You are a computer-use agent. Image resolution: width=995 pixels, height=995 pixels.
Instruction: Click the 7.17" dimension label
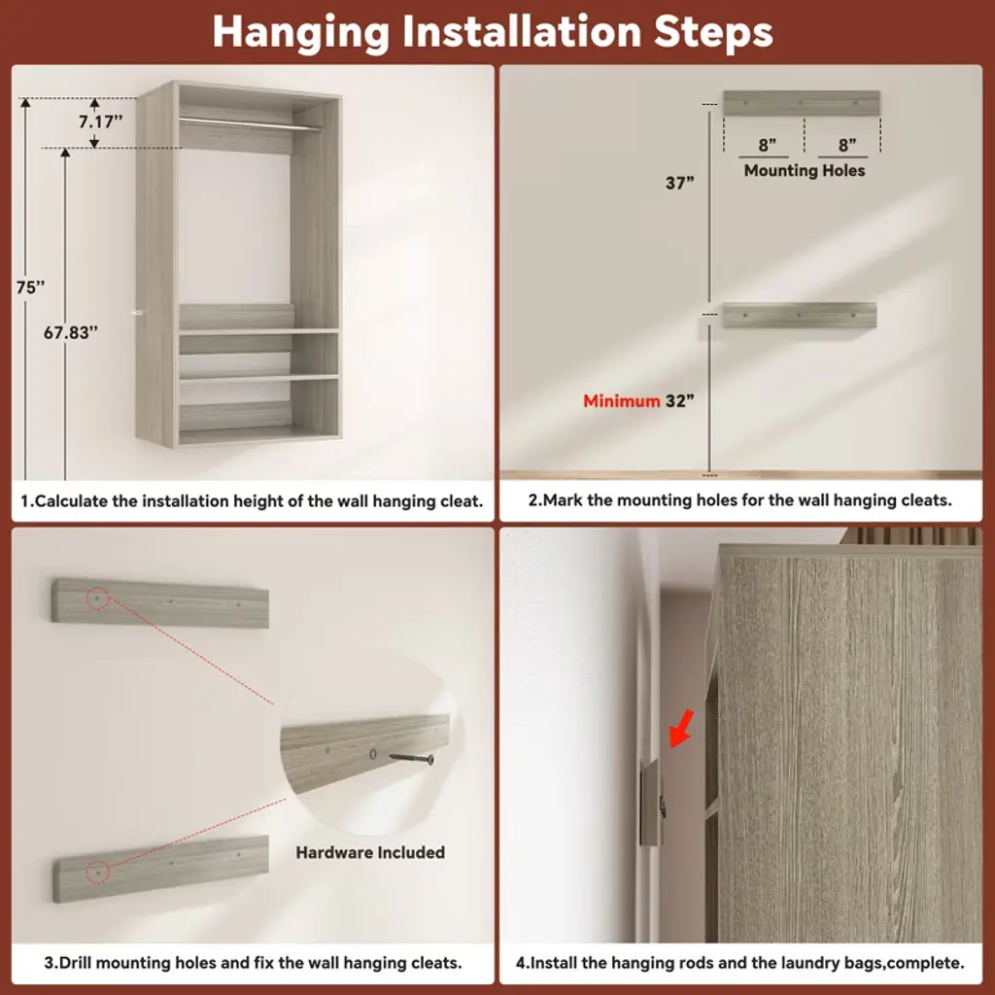[x=100, y=121]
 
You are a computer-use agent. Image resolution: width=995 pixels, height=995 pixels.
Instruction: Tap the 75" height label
[x=30, y=288]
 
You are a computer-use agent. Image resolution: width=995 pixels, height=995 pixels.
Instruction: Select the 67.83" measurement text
[x=70, y=332]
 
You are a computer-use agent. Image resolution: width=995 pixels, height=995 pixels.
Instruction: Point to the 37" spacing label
[x=679, y=183]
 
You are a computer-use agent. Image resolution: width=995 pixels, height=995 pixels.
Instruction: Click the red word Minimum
[x=621, y=401]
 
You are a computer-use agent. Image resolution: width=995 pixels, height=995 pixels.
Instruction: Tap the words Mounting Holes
[x=804, y=171]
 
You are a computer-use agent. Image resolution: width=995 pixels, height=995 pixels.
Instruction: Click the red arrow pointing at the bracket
[x=681, y=729]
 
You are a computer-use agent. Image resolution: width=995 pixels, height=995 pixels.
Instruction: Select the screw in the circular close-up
[x=411, y=758]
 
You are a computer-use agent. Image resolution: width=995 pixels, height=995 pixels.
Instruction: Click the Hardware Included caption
[x=370, y=852]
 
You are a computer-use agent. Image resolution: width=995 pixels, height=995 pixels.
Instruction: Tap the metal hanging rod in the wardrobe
[x=250, y=123]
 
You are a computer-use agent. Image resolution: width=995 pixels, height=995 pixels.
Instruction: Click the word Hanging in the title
[x=301, y=32]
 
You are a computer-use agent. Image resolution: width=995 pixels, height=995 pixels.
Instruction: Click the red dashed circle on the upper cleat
[x=97, y=599]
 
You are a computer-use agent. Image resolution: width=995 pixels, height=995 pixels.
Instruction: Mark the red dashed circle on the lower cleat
[x=98, y=873]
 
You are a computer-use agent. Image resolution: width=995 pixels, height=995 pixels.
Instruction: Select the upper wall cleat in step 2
[x=802, y=103]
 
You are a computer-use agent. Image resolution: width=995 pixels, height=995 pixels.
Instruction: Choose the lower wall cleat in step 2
[x=800, y=316]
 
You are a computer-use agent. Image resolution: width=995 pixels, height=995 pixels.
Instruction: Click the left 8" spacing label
[x=768, y=146]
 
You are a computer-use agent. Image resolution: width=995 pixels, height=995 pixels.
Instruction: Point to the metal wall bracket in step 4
[x=652, y=802]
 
